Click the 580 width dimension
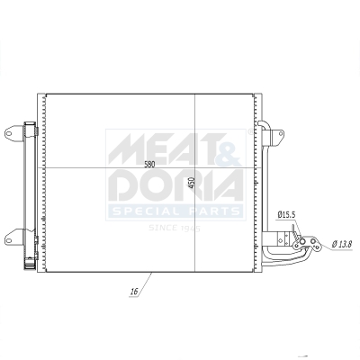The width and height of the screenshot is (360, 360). [x=149, y=164]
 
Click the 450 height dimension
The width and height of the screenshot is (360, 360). [x=191, y=183]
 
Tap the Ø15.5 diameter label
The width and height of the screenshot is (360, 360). [x=287, y=214]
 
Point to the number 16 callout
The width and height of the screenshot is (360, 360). [x=133, y=292]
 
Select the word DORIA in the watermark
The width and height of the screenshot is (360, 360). [x=175, y=186]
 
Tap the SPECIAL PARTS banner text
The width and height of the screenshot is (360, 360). [x=175, y=212]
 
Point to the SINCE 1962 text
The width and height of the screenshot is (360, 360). [x=174, y=228]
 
